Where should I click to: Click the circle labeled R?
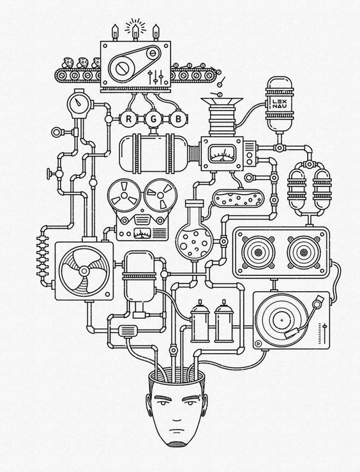(x=128, y=119)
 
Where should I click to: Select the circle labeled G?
(x=153, y=119)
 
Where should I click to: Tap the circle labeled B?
(x=179, y=119)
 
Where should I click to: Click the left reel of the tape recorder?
(x=122, y=194)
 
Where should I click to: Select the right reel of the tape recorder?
(x=156, y=194)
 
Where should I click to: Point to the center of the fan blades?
(x=79, y=269)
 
